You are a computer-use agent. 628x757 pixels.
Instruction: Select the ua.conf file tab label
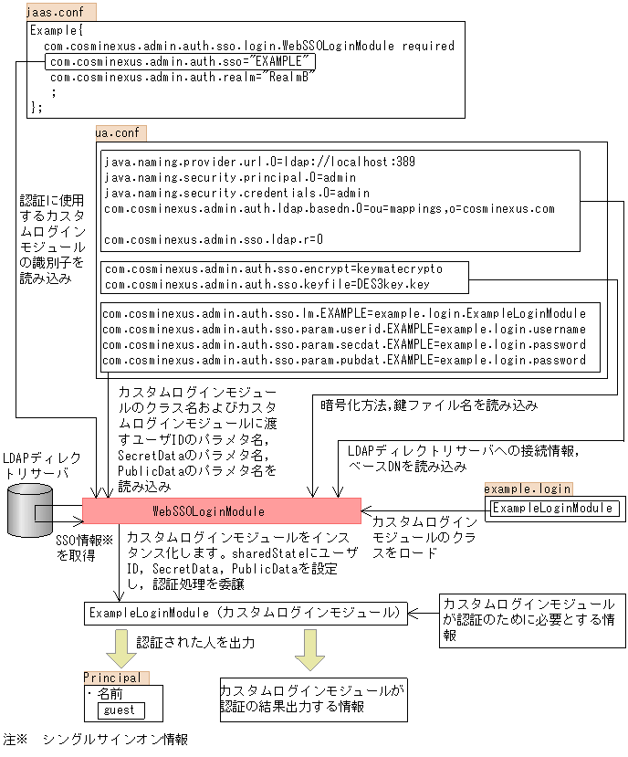coord(118,133)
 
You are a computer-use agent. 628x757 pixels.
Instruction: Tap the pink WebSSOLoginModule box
coord(222,510)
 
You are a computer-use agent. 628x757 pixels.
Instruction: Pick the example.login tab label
coord(528,489)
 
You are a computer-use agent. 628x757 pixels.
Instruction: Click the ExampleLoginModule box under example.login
coord(553,509)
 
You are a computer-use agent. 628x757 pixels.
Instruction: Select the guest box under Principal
coord(120,710)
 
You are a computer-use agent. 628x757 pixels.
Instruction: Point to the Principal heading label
coord(112,678)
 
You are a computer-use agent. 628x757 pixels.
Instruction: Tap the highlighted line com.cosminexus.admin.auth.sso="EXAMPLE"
coord(181,62)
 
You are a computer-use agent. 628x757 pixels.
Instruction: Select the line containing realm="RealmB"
coord(181,78)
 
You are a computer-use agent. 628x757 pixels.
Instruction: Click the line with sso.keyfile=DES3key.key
coord(267,284)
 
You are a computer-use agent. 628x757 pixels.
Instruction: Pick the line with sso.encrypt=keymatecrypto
coord(273,270)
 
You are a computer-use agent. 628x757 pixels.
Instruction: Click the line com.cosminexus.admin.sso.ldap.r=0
coord(214,239)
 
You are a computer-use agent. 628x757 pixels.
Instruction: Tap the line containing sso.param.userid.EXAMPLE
coord(343,329)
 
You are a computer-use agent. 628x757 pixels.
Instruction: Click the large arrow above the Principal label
coord(118,648)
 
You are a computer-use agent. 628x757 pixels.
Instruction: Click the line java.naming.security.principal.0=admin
coord(230,178)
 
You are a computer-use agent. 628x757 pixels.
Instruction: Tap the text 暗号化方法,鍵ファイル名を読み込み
coord(428,405)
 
